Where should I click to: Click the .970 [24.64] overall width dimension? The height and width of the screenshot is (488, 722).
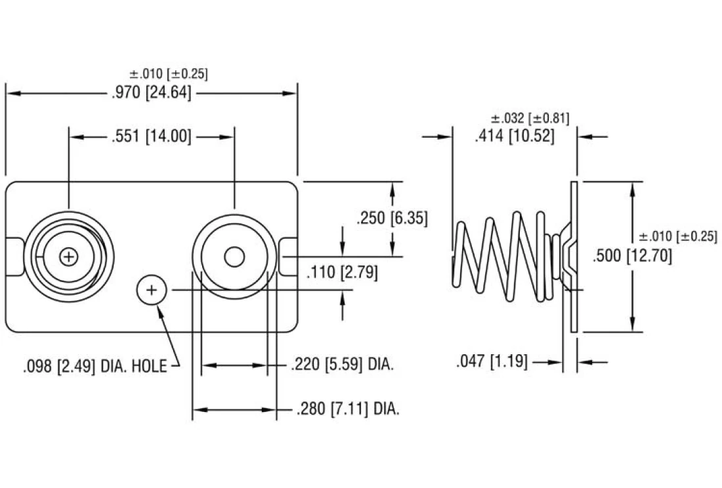tap(152, 93)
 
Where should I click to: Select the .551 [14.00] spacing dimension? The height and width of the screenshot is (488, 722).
tap(152, 136)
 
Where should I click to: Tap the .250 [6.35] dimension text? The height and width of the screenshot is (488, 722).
tap(392, 218)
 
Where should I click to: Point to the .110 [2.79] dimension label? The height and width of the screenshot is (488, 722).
tap(342, 272)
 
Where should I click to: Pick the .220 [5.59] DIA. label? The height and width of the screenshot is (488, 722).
tap(342, 365)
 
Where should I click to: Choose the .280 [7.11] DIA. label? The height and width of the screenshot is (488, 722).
tap(348, 409)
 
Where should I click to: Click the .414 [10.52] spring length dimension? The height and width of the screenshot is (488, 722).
tap(514, 136)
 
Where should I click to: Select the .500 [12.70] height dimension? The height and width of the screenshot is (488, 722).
tap(632, 256)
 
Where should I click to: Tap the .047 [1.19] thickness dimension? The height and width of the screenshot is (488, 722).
tap(492, 361)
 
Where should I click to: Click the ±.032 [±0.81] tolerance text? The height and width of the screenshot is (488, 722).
tap(530, 118)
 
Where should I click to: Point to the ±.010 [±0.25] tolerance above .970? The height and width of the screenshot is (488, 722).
tap(169, 73)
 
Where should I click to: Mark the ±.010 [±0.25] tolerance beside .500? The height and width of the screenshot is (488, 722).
tap(678, 236)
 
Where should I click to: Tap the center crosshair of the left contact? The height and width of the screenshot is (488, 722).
tap(68, 256)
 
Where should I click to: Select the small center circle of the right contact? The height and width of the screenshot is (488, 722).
tap(233, 257)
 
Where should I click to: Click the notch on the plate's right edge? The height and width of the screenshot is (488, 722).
tap(287, 257)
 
